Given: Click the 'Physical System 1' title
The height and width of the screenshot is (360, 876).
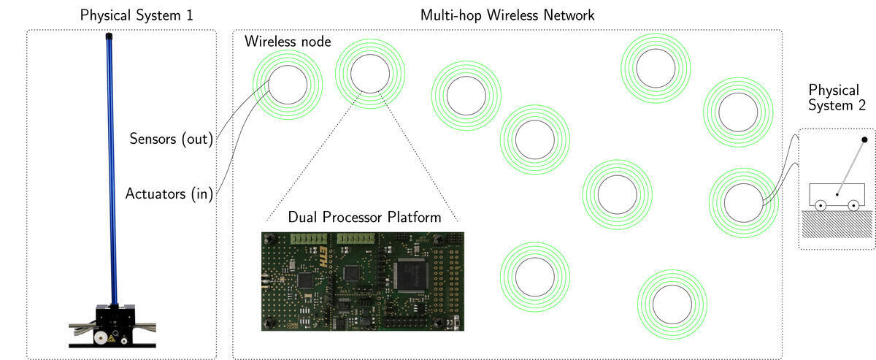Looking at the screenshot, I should [x=121, y=15].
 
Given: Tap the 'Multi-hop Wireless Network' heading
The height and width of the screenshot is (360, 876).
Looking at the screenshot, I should [x=507, y=15].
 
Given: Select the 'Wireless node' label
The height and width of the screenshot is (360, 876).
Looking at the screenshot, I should [x=288, y=42].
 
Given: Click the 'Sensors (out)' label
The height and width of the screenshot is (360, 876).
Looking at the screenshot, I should [x=171, y=138].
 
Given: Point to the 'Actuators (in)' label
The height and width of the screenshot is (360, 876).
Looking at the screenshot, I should [x=169, y=194].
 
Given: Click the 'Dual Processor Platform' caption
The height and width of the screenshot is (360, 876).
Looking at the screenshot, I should [x=364, y=217].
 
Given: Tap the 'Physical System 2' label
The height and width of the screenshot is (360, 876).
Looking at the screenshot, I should [x=837, y=98].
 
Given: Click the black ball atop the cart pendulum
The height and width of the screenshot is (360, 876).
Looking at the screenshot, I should [x=864, y=139].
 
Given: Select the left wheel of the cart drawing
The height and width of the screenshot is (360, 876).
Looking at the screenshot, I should [x=821, y=206].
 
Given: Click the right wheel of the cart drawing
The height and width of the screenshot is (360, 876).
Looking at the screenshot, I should [x=852, y=206].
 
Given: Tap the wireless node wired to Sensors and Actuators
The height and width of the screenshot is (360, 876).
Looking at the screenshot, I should [x=287, y=84].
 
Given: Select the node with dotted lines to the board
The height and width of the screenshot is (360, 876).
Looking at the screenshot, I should [x=369, y=74].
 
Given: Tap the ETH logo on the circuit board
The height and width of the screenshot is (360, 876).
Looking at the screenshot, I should [x=324, y=255].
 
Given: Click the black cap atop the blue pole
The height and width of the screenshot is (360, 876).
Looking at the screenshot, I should [x=109, y=35].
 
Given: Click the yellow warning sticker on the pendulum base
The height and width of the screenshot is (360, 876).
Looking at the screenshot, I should [x=112, y=339].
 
